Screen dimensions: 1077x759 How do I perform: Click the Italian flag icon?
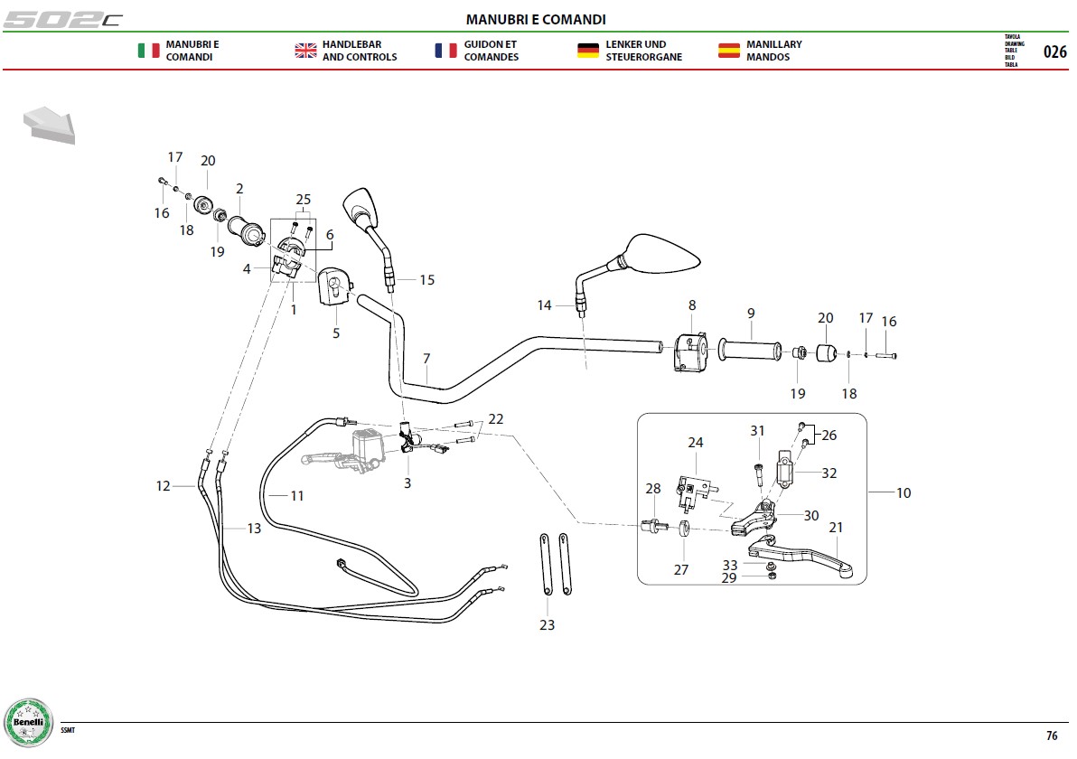click(148, 51)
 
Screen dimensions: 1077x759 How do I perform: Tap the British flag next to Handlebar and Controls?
click(305, 51)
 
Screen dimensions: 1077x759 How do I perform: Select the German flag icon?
click(588, 51)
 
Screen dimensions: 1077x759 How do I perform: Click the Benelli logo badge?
click(28, 723)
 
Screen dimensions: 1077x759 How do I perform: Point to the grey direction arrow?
click(50, 125)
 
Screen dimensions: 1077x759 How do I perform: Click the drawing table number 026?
click(1055, 52)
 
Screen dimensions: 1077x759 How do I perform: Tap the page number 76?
click(1052, 736)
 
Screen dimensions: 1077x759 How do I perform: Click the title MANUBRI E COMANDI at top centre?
click(536, 19)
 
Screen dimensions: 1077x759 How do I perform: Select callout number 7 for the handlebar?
click(426, 359)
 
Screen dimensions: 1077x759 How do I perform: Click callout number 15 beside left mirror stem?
click(427, 279)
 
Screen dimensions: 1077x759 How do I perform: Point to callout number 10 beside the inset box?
click(904, 492)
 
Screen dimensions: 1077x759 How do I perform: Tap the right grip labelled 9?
click(749, 350)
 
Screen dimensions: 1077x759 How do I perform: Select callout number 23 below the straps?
click(547, 625)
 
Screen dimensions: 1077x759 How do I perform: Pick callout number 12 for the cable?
click(163, 485)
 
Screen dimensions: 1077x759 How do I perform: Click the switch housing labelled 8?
click(690, 351)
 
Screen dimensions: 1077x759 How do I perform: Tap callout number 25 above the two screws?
click(303, 199)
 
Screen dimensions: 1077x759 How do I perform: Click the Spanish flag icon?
click(729, 51)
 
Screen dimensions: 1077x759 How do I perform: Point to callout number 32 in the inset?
click(829, 473)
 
